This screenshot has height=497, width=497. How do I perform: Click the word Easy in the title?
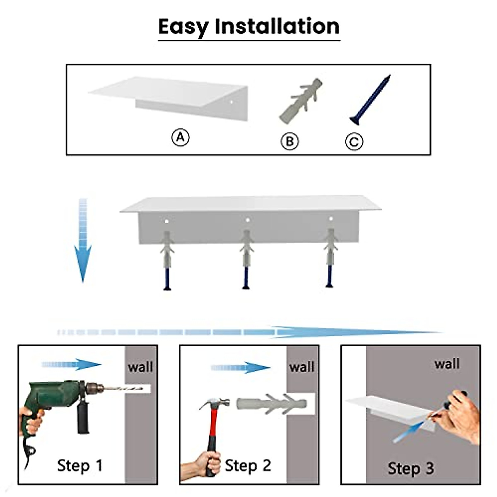[x=183, y=27]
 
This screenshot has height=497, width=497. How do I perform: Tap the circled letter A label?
[x=181, y=137]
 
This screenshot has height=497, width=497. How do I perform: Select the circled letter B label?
[x=290, y=141]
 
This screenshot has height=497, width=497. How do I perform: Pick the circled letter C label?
[x=354, y=141]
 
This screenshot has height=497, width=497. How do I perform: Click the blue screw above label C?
[x=370, y=100]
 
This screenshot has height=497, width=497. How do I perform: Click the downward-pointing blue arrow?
[x=82, y=240]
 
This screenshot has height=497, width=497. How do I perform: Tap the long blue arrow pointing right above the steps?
[x=249, y=332]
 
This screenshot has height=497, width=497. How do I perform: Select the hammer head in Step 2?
[x=215, y=404]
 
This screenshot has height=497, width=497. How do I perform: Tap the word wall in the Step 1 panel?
[x=140, y=367]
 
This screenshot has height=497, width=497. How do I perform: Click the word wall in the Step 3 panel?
[x=447, y=364]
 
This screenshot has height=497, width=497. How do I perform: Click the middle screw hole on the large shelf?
[x=247, y=220]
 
